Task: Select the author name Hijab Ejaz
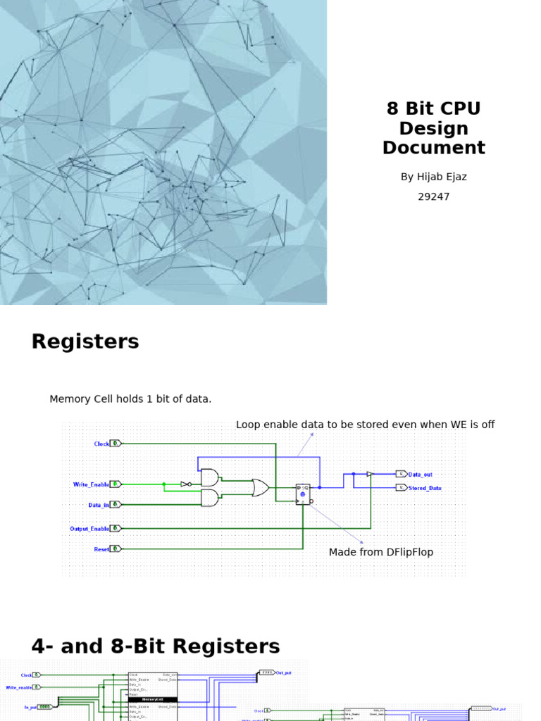point(433,177)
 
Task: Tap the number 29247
point(433,196)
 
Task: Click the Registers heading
point(85,342)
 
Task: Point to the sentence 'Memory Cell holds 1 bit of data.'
point(130,399)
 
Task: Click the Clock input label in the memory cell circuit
point(101,444)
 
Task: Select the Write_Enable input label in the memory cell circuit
point(91,484)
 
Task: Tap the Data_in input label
point(99,505)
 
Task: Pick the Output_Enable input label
point(89,528)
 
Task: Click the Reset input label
point(101,549)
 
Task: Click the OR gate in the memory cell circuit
point(260,488)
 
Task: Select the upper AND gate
point(210,477)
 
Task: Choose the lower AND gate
point(210,498)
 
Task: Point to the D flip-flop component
point(303,494)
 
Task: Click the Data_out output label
point(421,475)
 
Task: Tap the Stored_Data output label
point(425,488)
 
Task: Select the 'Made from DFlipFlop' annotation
point(381,553)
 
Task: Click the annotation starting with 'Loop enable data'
point(365,425)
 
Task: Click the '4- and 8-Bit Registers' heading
point(156,646)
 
